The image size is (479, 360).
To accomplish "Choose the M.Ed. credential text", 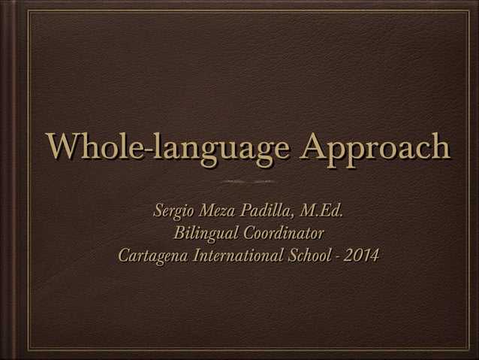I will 321,209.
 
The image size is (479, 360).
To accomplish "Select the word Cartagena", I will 153,256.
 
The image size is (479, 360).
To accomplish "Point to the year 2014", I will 362,255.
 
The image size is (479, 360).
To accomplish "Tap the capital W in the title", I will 61,147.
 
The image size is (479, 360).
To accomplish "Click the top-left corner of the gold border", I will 28,11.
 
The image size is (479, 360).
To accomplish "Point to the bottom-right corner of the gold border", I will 468,349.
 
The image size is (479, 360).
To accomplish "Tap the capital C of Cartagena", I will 124,256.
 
